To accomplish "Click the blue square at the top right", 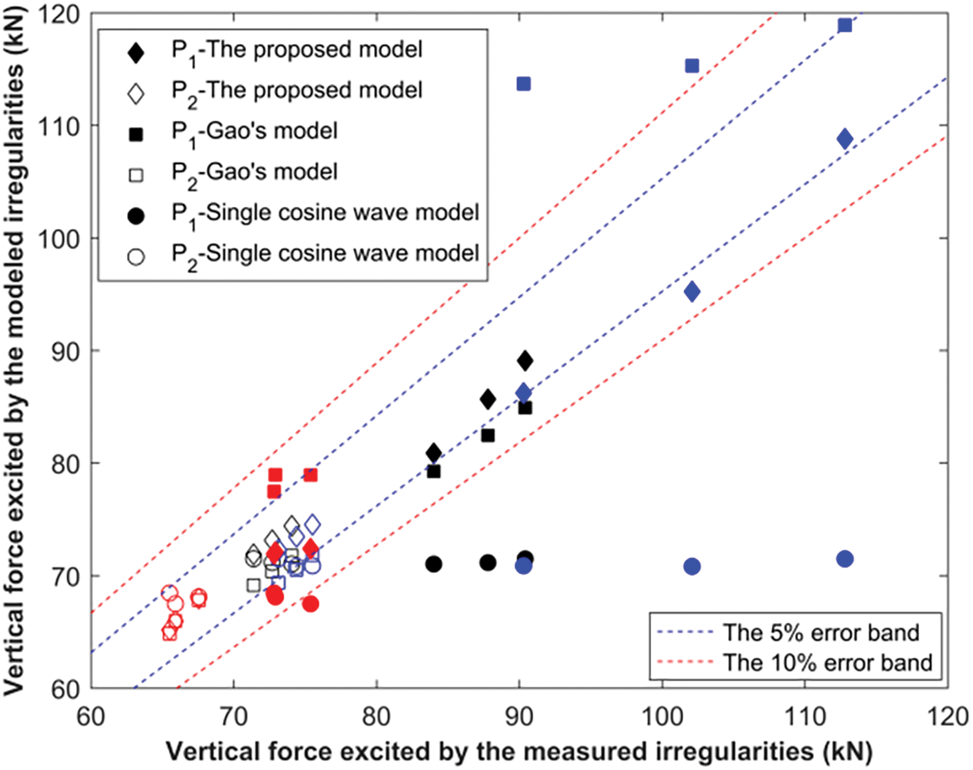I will coord(845,25).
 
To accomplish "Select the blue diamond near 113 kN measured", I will coord(845,139).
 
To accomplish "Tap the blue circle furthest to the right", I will coord(845,559).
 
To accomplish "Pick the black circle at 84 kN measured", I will coord(433,564).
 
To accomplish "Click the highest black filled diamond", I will coord(525,361).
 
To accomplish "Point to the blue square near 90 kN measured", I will coord(524,83).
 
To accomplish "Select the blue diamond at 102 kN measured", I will coord(692,292).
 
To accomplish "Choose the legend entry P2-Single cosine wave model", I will coord(325,253).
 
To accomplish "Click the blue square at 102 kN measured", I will coord(692,65).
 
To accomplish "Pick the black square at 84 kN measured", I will coord(433,471).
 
